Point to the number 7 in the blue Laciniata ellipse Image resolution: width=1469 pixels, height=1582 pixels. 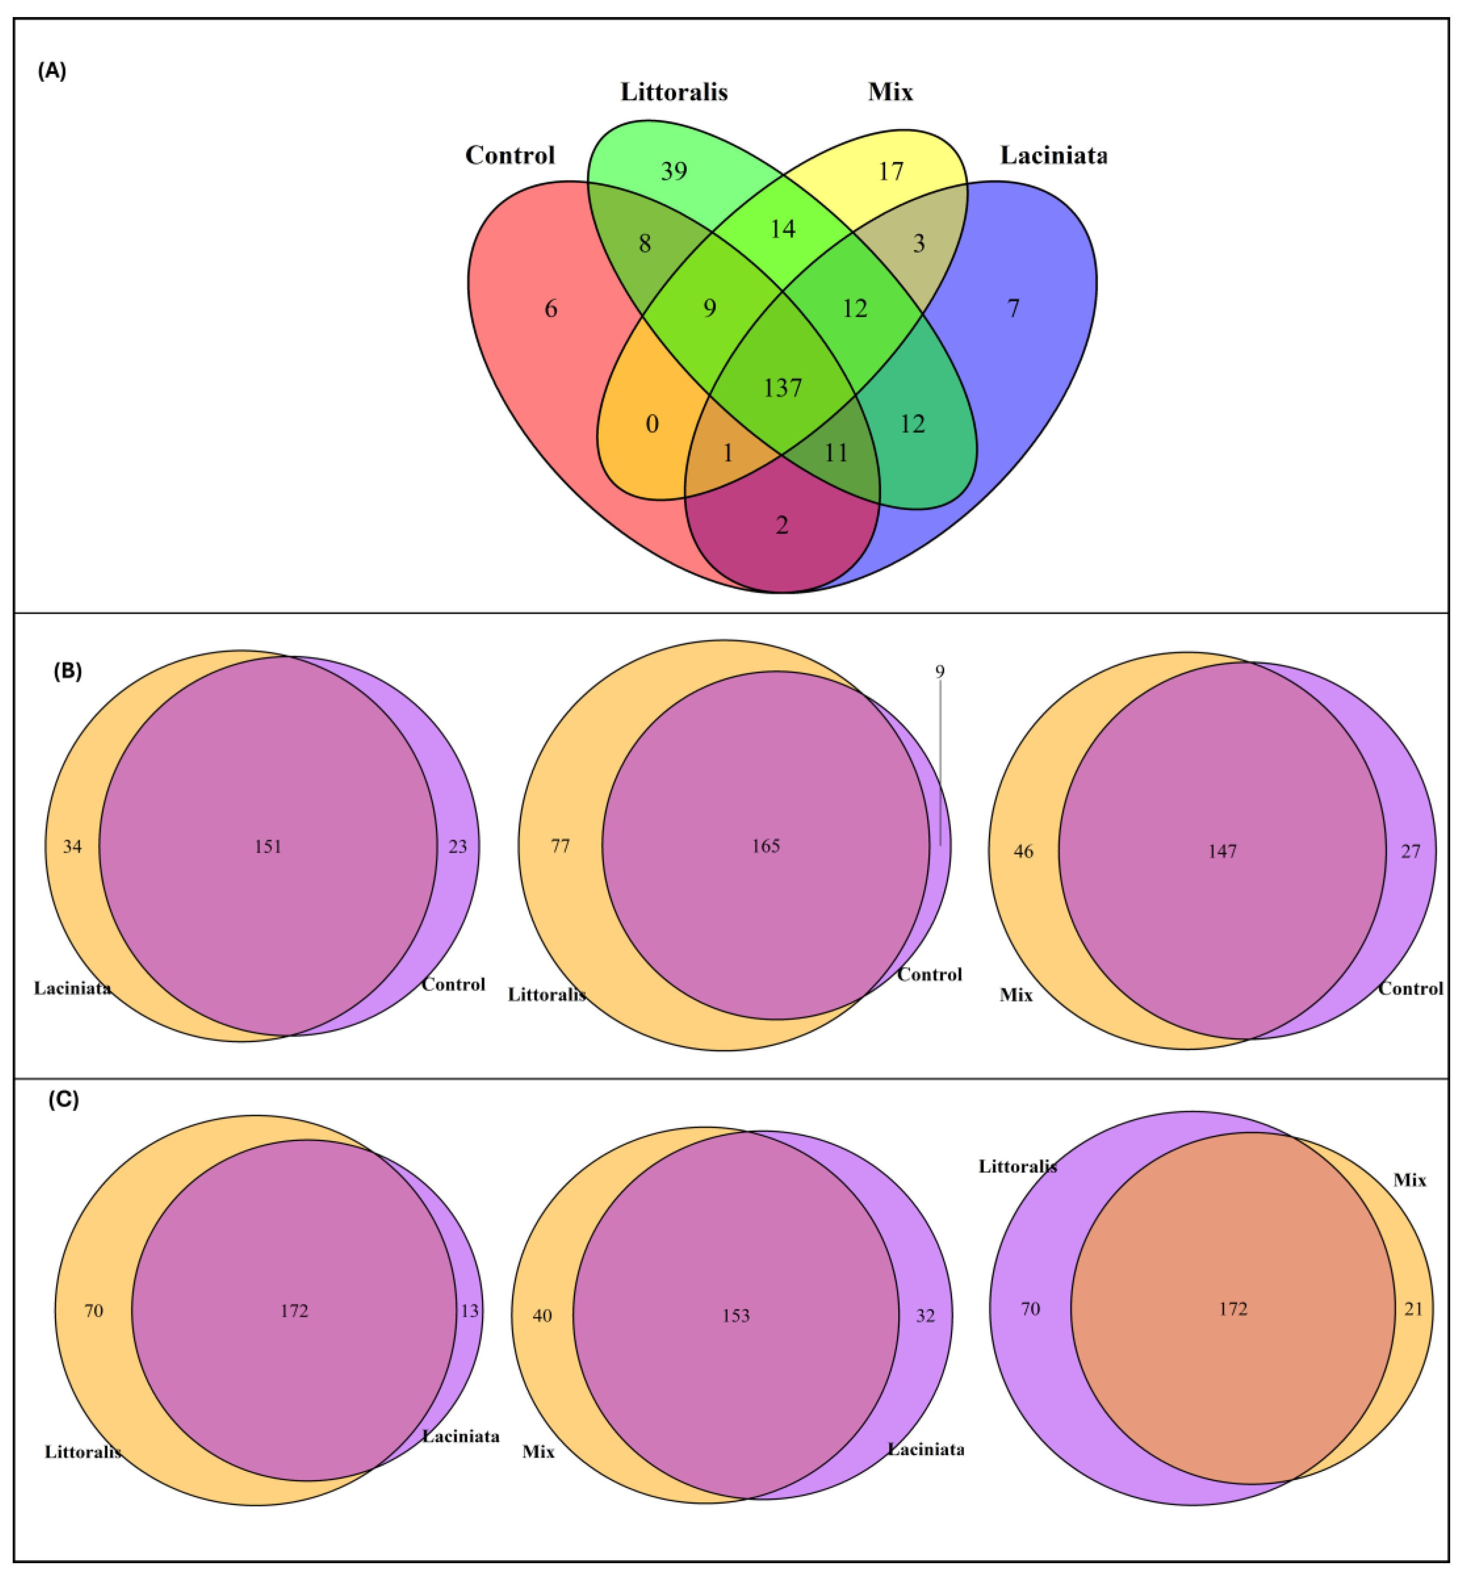pyautogui.click(x=1013, y=309)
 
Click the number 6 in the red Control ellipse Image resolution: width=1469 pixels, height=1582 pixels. pyautogui.click(x=550, y=309)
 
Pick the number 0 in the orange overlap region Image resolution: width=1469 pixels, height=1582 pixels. pyautogui.click(x=652, y=424)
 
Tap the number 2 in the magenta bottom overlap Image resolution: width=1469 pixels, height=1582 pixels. pyautogui.click(x=782, y=525)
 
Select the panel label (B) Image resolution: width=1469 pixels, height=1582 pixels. pyautogui.click(x=67, y=671)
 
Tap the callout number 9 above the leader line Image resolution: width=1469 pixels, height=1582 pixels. pyautogui.click(x=940, y=672)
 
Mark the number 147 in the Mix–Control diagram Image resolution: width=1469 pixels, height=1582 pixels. pyautogui.click(x=1223, y=851)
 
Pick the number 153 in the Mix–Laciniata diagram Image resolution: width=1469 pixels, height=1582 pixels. pyautogui.click(x=736, y=1316)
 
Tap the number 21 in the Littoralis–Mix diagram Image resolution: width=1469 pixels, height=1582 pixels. pyautogui.click(x=1413, y=1308)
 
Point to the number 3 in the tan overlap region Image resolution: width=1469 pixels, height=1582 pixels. pyautogui.click(x=919, y=243)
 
